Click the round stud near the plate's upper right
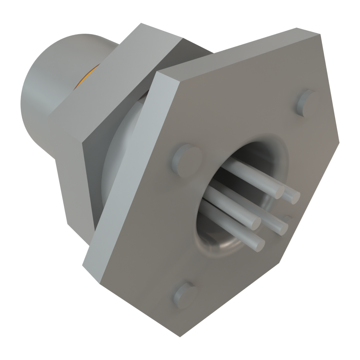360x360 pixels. [304, 102]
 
